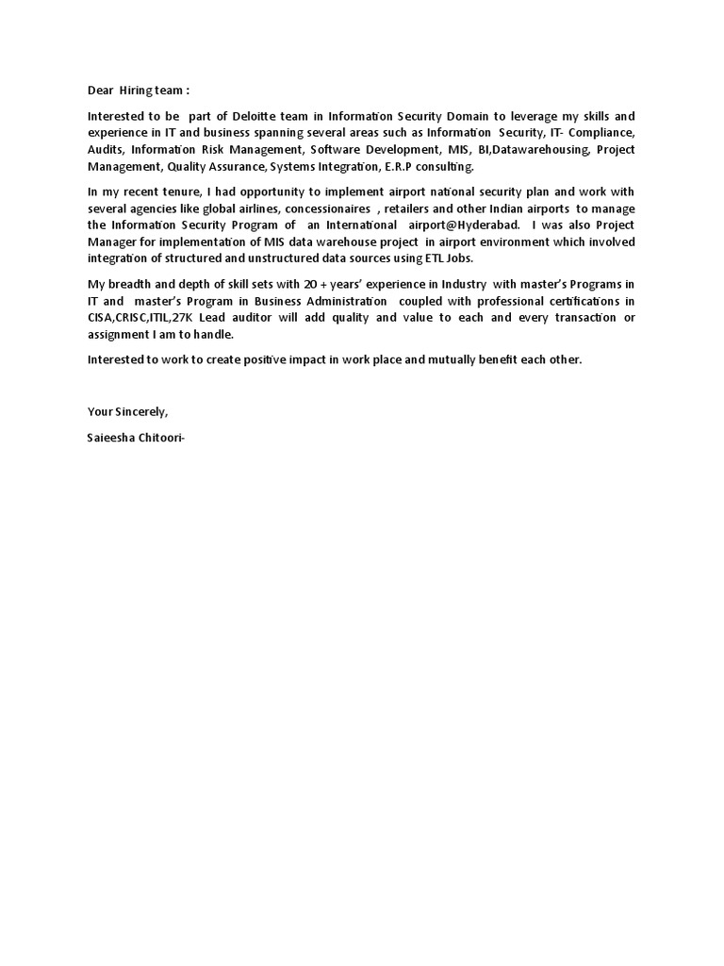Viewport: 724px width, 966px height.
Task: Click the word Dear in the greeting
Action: [100, 91]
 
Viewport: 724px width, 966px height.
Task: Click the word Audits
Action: [106, 150]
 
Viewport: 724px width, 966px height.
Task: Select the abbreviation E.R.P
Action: [381, 167]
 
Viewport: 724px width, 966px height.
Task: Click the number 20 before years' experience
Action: [313, 283]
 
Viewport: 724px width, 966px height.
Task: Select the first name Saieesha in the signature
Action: [111, 438]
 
